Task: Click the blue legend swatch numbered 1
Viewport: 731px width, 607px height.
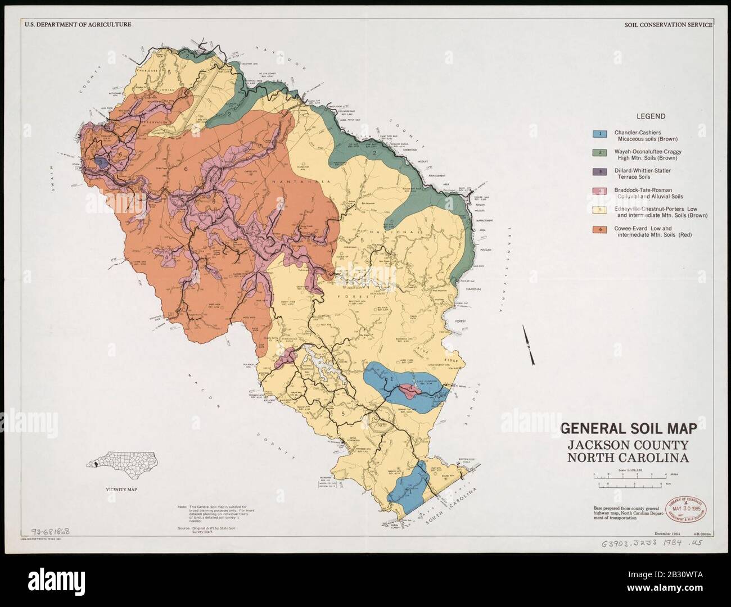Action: pyautogui.click(x=599, y=134)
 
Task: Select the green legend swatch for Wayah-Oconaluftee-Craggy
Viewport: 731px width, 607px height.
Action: pyautogui.click(x=599, y=153)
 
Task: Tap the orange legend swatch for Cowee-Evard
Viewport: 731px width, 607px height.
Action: pyautogui.click(x=599, y=230)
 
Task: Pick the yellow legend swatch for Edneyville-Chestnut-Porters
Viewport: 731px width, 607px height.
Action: pyautogui.click(x=599, y=211)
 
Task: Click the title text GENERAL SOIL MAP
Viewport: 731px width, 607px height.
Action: pyautogui.click(x=629, y=429)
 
